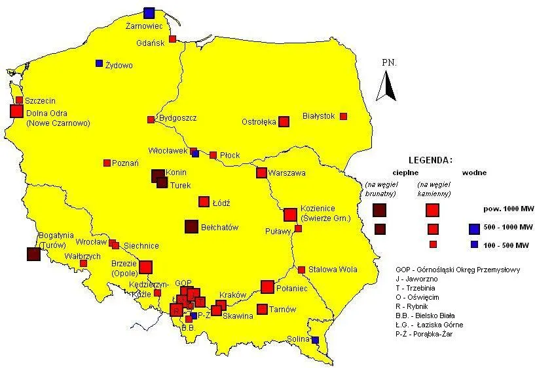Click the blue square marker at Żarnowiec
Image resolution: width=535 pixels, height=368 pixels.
[149, 12]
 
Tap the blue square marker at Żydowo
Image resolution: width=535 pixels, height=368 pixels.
[99, 64]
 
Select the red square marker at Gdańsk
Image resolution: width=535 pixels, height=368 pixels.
[173, 39]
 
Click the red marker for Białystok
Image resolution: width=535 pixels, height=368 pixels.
[343, 116]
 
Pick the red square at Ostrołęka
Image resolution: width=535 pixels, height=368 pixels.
[284, 121]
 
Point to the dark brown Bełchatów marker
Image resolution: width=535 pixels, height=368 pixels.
[191, 226]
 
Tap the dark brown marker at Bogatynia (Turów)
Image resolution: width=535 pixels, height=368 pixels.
[33, 255]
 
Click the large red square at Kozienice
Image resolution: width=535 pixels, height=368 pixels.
[290, 215]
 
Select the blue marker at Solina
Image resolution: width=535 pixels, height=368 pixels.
[315, 340]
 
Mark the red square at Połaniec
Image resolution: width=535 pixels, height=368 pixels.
[267, 287]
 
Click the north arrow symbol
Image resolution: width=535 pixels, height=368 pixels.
[389, 86]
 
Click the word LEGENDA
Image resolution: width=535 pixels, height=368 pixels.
[430, 160]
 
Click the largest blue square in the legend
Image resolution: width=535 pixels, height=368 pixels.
[477, 229]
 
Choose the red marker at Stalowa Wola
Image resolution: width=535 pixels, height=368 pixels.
[301, 270]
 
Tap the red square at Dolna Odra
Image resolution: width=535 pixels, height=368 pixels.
[16, 111]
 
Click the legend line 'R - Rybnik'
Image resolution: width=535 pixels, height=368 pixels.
[415, 306]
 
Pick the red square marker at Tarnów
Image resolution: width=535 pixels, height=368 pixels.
[262, 309]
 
